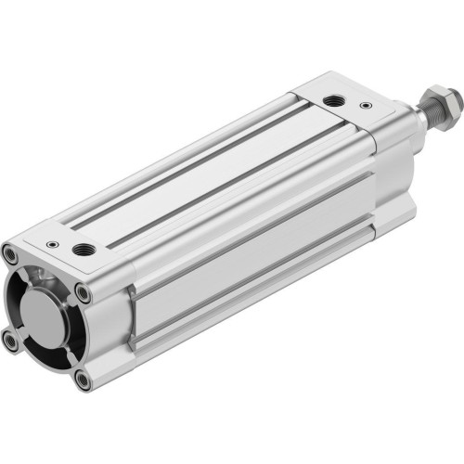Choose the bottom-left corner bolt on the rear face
11,342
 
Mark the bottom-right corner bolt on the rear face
84,379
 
